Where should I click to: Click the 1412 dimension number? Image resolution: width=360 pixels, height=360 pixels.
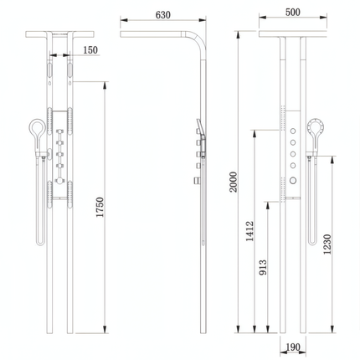[x=249, y=230]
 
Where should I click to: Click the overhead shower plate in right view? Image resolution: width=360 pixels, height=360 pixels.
[x=292, y=33]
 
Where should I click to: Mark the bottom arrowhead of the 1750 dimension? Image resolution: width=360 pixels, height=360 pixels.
[x=105, y=330]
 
